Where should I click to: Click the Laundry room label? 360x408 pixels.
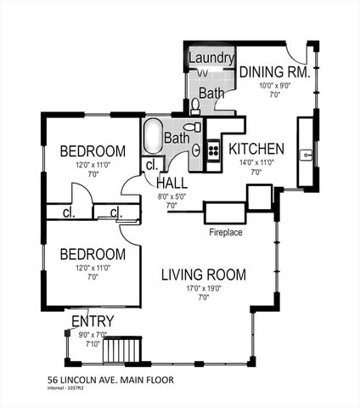click(x=211, y=58)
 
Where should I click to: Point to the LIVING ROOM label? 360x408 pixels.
click(x=204, y=275)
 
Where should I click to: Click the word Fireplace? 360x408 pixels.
click(x=227, y=231)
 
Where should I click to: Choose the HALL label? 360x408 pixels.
click(x=172, y=183)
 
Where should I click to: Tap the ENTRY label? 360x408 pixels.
click(x=93, y=320)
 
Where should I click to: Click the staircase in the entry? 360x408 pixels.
click(x=130, y=349)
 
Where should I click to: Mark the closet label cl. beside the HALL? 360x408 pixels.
click(x=152, y=165)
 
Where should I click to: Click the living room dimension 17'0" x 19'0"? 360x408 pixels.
click(x=204, y=289)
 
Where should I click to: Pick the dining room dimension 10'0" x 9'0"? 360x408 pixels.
click(x=273, y=85)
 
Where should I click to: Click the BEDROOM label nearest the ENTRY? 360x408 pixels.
click(x=93, y=254)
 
